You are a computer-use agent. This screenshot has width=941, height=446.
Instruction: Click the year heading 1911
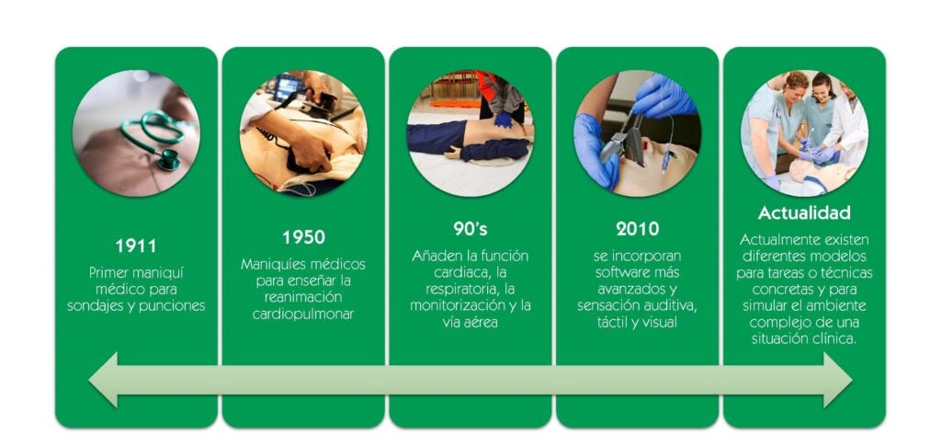(136, 246)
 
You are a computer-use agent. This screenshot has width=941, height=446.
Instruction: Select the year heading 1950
(303, 237)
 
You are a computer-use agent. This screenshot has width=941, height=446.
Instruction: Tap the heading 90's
(470, 229)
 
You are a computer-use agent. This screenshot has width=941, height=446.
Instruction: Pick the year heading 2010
(637, 229)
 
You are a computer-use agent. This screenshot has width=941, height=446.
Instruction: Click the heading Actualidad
(804, 212)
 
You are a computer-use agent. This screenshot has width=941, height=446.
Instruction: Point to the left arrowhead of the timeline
(103, 380)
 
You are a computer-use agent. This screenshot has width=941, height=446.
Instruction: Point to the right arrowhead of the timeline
(838, 380)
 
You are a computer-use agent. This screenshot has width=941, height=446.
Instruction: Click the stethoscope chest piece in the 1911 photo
(168, 159)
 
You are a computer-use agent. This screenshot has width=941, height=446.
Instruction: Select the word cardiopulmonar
(303, 314)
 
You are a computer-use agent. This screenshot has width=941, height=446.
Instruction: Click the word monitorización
(454, 305)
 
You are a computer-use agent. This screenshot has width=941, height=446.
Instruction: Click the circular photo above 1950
(303, 133)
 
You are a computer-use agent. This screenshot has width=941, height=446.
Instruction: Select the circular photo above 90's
(470, 133)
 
